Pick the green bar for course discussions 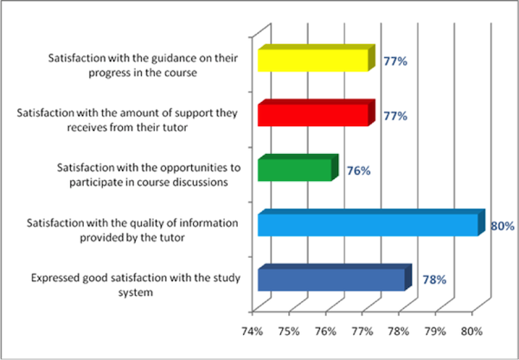[295, 170]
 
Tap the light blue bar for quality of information [368, 225]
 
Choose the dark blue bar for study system [331, 280]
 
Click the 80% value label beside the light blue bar [503, 225]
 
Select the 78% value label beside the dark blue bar [433, 280]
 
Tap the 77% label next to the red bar [395, 115]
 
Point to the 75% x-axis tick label [289, 330]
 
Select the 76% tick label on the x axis [325, 330]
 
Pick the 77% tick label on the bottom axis [362, 330]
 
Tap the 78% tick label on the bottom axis [399, 330]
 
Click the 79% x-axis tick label [435, 330]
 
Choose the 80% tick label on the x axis [472, 330]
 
